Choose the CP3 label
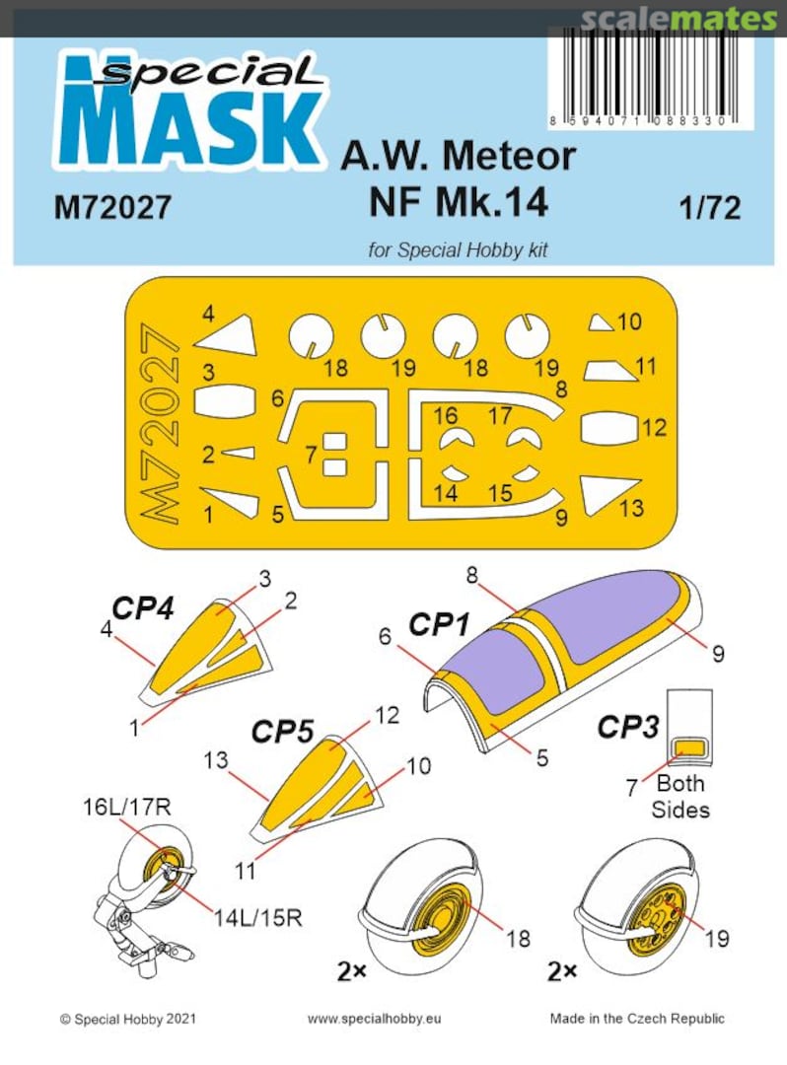[x=627, y=727]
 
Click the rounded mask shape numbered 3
[x=224, y=401]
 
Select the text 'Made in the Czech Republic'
[x=637, y=1018]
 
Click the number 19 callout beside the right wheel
[x=717, y=938]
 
